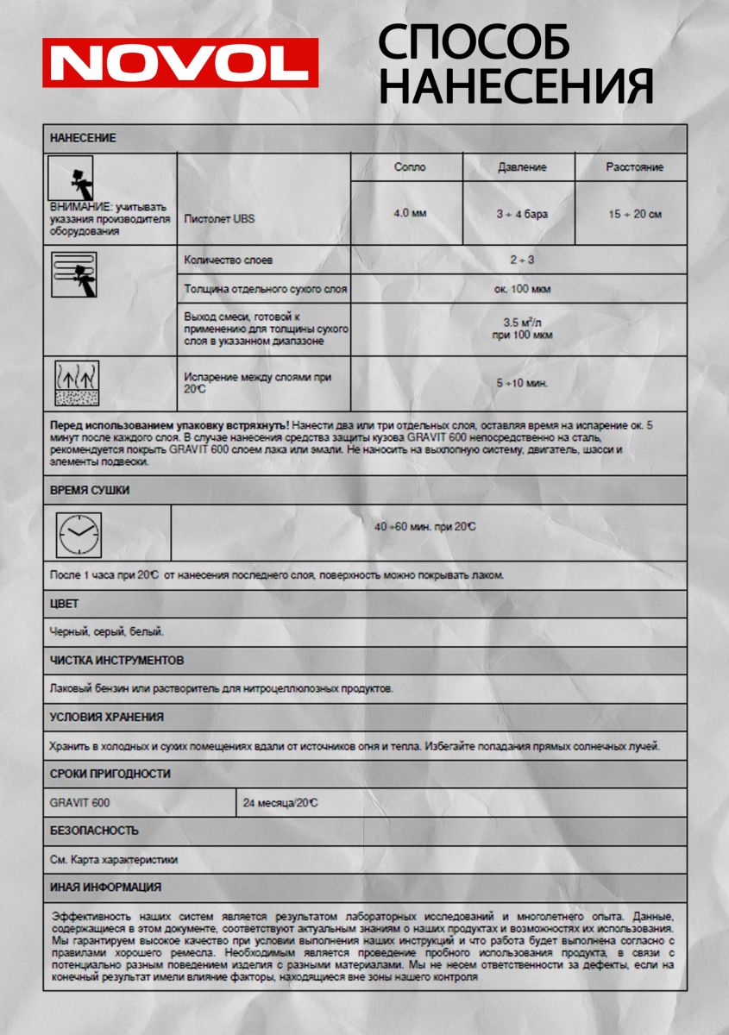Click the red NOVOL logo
coord(180,62)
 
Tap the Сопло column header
coord(409,167)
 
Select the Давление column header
coord(522,167)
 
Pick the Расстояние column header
coord(634,167)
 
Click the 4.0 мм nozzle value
coord(409,213)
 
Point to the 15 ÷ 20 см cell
coord(634,214)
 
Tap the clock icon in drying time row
coord(79,533)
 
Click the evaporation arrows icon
coord(77,383)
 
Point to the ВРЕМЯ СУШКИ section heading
coord(90,490)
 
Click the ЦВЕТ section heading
coord(64,604)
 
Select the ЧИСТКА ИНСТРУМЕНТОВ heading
coord(116,661)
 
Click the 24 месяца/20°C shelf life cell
coord(280,803)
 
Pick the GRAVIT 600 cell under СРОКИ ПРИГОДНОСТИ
coord(79,803)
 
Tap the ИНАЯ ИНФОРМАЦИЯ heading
coord(105,887)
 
